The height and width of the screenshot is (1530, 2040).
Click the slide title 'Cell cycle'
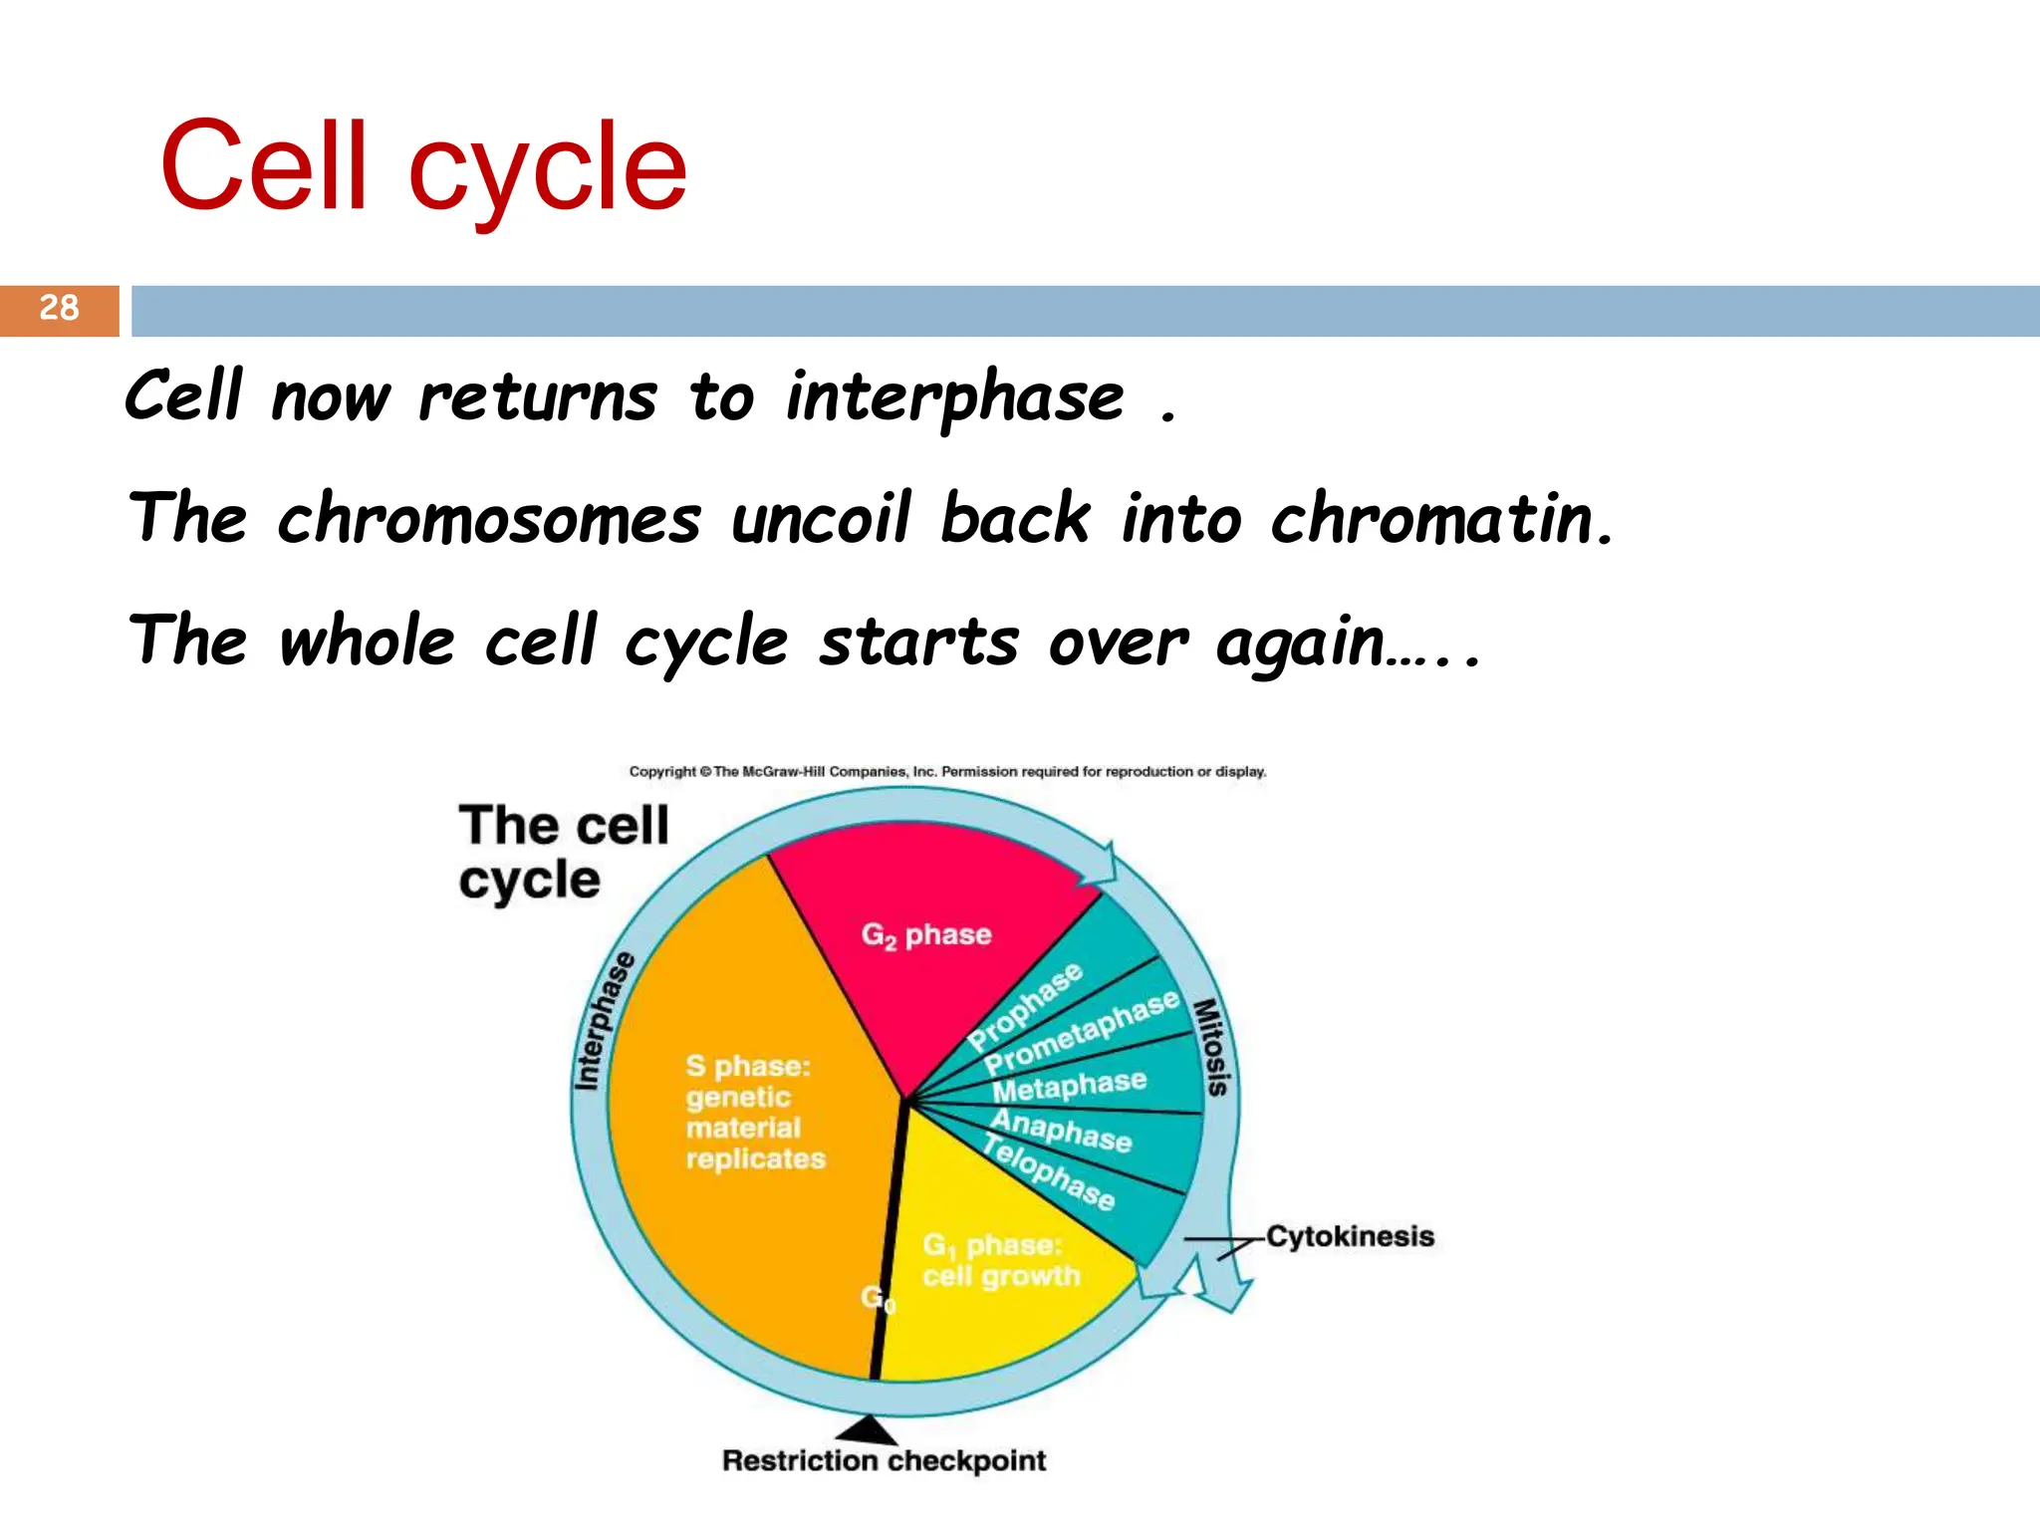(422, 167)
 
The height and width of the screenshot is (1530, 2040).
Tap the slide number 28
(59, 308)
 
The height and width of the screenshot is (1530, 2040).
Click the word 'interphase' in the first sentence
(954, 396)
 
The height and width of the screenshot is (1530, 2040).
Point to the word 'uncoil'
(820, 519)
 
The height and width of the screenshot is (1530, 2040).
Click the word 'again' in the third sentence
(1300, 642)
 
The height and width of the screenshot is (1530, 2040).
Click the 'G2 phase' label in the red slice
(926, 935)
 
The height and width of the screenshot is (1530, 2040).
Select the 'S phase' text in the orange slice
(748, 1067)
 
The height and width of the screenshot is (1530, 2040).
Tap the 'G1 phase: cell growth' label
(1000, 1261)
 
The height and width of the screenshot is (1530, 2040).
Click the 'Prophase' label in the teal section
(1025, 1006)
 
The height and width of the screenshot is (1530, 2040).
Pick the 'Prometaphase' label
(1082, 1034)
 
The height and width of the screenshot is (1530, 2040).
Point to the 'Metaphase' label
(1070, 1086)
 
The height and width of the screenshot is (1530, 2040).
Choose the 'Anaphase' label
(1062, 1132)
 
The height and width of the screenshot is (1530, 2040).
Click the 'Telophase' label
(1048, 1172)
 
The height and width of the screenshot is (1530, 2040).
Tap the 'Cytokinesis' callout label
(1350, 1236)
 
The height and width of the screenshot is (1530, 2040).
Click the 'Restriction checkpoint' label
(884, 1461)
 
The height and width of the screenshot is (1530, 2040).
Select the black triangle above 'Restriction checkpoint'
(868, 1431)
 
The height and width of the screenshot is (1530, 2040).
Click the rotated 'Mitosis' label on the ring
(1211, 1047)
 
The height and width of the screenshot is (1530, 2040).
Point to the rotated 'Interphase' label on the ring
(604, 1021)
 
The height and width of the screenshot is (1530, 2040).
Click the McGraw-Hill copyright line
(947, 772)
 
